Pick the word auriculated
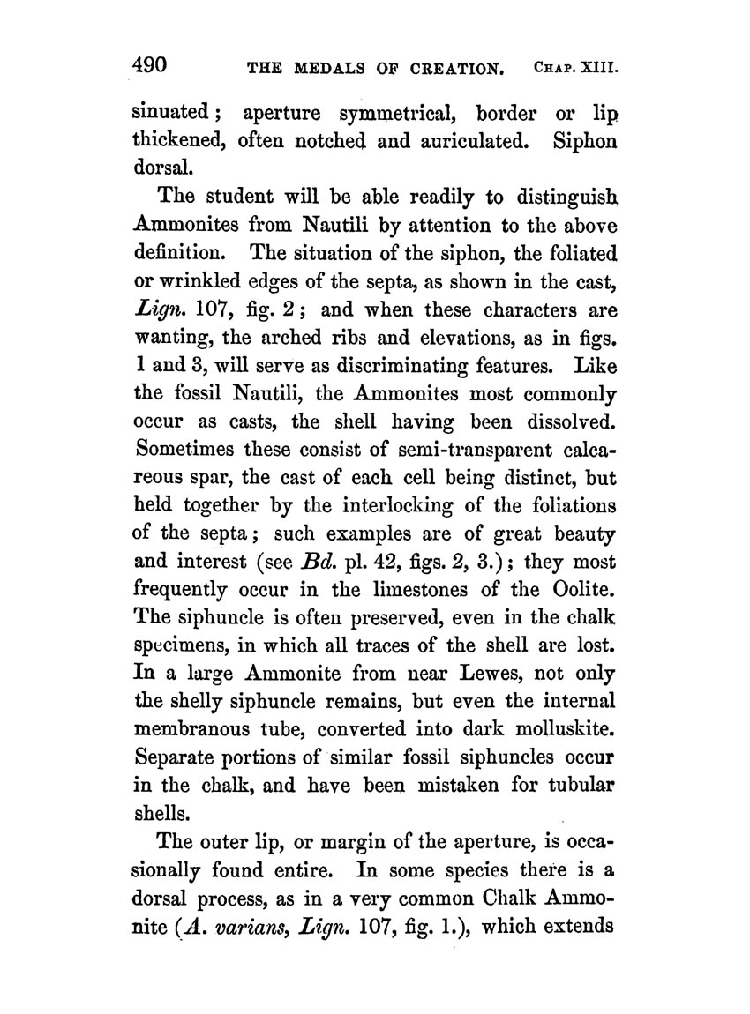tap(458, 139)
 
